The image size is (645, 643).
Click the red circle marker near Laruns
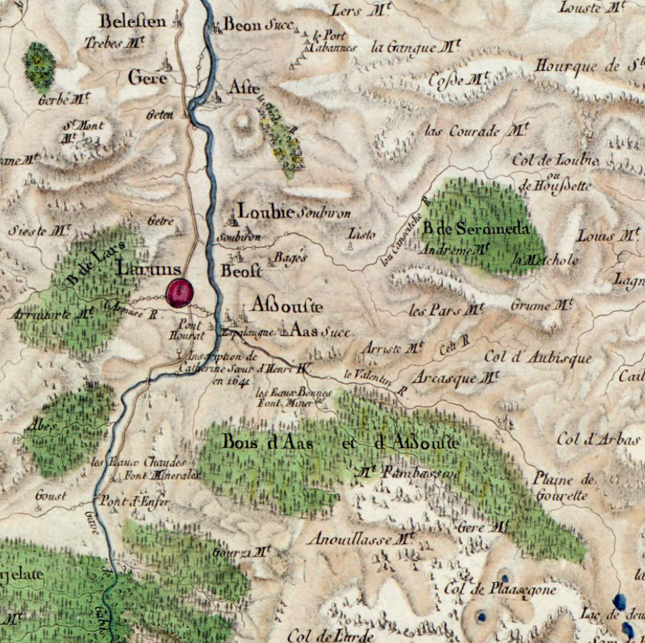pos(179,292)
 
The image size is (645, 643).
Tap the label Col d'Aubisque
pos(538,357)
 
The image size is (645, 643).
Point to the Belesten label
pos(133,20)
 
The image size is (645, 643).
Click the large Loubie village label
pos(266,211)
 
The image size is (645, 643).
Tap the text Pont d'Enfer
pos(134,502)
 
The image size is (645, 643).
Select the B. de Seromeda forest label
pos(475,229)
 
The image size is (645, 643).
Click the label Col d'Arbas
pos(597,439)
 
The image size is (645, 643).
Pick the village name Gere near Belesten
pos(148,77)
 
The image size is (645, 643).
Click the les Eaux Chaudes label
pos(138,462)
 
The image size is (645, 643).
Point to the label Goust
pos(51,495)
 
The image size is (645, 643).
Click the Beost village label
pos(242,271)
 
